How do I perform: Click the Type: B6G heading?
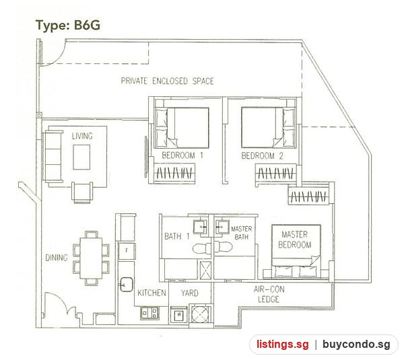68,26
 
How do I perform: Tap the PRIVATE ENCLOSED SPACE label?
168,81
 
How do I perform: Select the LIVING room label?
82,136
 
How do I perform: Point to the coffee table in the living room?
81,157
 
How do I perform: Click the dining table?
91,258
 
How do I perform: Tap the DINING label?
57,258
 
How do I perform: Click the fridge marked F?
127,250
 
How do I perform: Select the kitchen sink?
127,285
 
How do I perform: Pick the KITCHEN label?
151,293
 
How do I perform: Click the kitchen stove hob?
149,313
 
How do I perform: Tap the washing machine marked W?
179,314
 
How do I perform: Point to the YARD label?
190,293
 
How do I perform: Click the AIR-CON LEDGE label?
269,294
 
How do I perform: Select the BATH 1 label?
176,236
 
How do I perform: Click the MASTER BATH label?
242,233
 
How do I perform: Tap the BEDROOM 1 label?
182,155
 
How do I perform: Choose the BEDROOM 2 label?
263,155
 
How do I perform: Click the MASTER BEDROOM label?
295,240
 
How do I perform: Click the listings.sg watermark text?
283,345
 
